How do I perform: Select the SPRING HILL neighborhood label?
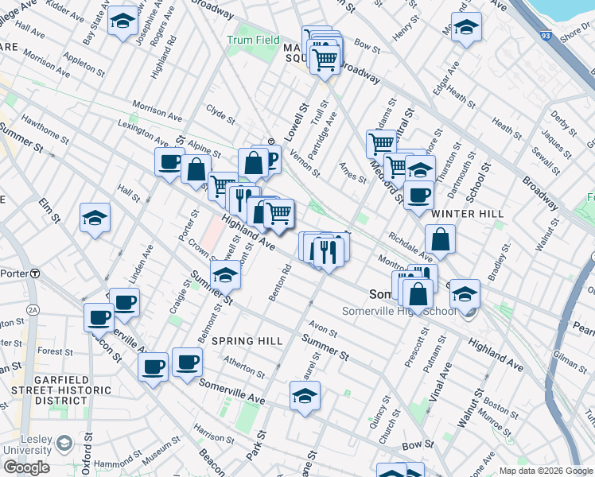(x=247, y=341)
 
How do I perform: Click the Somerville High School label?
(x=399, y=311)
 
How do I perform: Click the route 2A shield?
(x=33, y=309)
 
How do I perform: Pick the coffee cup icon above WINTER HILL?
(x=418, y=195)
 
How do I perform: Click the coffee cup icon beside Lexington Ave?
(x=169, y=162)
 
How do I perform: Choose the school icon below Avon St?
(x=304, y=395)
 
